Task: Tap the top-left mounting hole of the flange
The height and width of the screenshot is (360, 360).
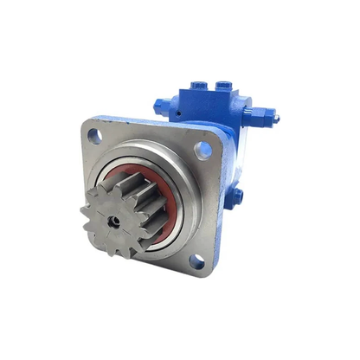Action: coord(94,135)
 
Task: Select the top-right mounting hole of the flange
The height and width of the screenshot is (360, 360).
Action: coord(203,150)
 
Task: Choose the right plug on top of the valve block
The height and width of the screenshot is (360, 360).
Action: coord(222,87)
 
